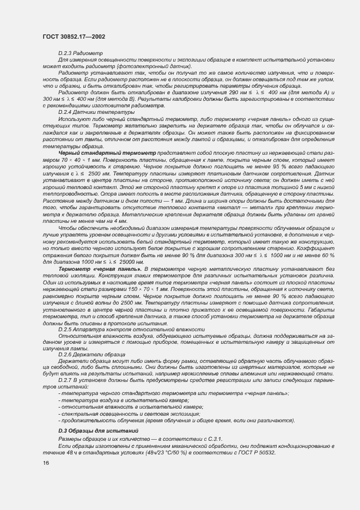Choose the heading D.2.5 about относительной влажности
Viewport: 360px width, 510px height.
[x=131, y=329]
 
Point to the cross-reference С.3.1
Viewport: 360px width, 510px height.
[x=213, y=439]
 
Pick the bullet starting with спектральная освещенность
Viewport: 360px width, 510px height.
[x=130, y=414]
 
